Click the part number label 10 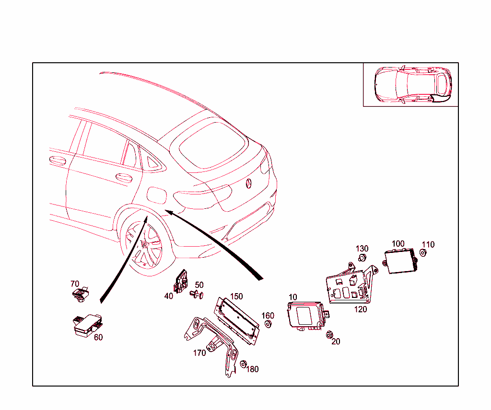(x=292, y=297)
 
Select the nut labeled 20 (x=329, y=334)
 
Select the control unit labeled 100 (x=400, y=261)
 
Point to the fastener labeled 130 (x=362, y=259)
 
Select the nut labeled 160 (x=268, y=325)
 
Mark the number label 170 (x=199, y=353)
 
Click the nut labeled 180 (x=243, y=364)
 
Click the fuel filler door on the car (x=156, y=194)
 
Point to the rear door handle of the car (x=125, y=178)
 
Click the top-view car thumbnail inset (x=410, y=84)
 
